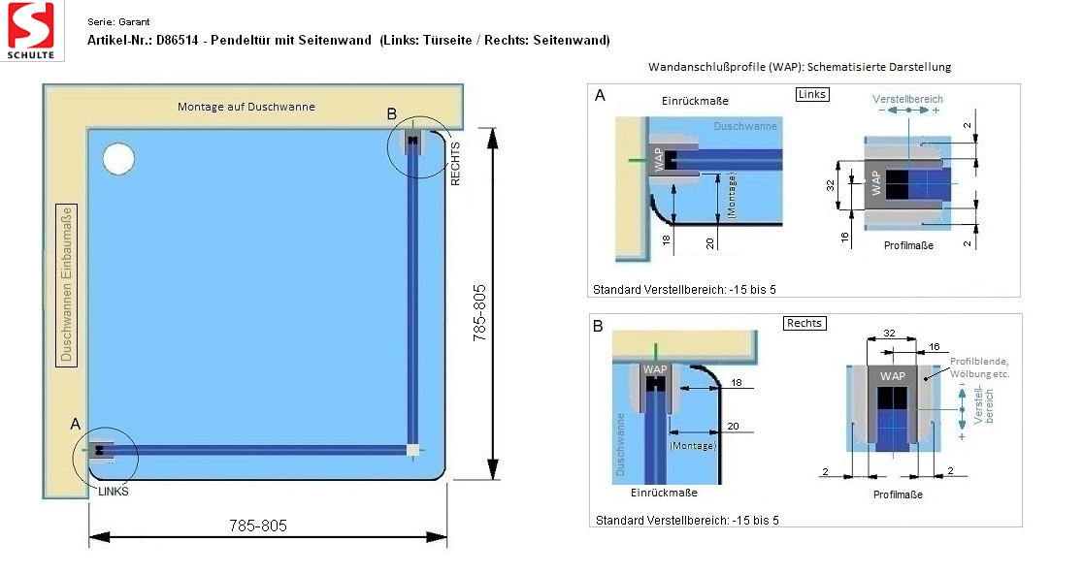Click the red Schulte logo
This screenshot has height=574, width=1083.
pyautogui.click(x=31, y=30)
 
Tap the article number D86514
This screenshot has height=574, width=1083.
pyautogui.click(x=177, y=40)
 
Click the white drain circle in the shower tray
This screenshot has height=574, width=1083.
pyautogui.click(x=118, y=158)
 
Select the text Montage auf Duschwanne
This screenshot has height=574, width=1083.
pyautogui.click(x=246, y=107)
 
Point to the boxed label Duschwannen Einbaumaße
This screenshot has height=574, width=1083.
pyautogui.click(x=66, y=284)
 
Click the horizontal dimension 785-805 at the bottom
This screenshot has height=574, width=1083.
pyautogui.click(x=257, y=526)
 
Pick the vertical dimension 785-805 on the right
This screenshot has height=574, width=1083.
pyautogui.click(x=479, y=312)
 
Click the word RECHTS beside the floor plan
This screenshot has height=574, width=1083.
pyautogui.click(x=455, y=164)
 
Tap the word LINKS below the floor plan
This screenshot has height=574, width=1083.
pyautogui.click(x=114, y=492)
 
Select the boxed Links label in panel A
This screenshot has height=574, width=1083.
pyautogui.click(x=811, y=94)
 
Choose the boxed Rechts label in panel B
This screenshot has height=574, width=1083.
pyautogui.click(x=804, y=323)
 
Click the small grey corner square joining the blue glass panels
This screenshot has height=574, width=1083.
pyautogui.click(x=412, y=451)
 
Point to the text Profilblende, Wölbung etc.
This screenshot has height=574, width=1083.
pyautogui.click(x=979, y=367)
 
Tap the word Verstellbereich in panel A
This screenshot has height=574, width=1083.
pyautogui.click(x=907, y=99)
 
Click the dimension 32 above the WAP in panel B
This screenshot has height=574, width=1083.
pyautogui.click(x=890, y=334)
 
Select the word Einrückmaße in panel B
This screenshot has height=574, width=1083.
pyautogui.click(x=664, y=493)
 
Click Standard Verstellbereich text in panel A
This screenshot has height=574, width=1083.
pyautogui.click(x=684, y=290)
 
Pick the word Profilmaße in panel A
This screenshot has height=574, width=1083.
pyautogui.click(x=908, y=245)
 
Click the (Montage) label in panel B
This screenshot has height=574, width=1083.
pyautogui.click(x=693, y=446)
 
